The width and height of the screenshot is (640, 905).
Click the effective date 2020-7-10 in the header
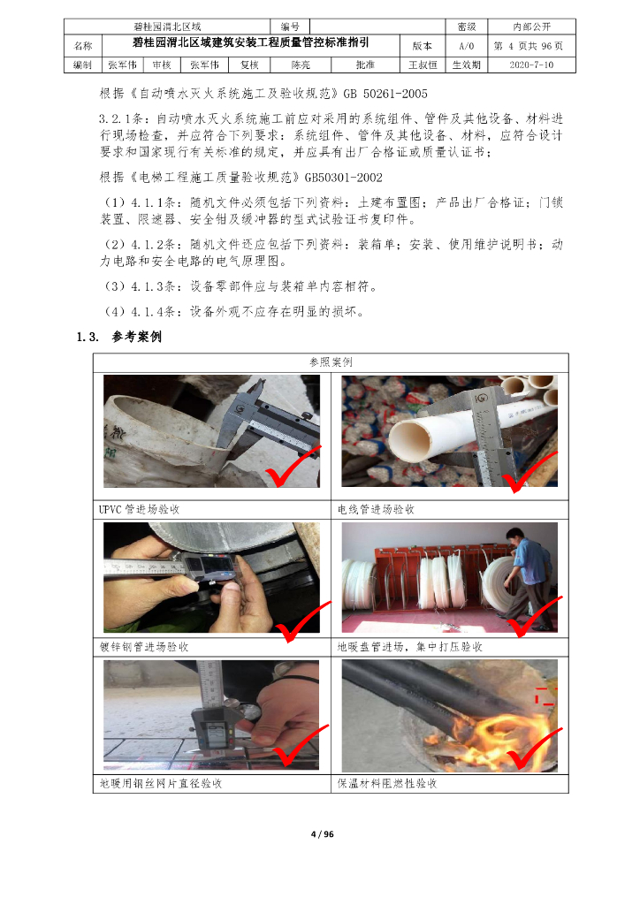(x=531, y=65)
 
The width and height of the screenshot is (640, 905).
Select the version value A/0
(x=466, y=46)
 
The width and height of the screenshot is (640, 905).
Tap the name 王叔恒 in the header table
(x=423, y=65)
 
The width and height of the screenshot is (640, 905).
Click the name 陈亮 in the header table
(x=301, y=65)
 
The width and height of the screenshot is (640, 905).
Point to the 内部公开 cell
(x=531, y=27)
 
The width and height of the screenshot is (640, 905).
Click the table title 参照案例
(x=331, y=361)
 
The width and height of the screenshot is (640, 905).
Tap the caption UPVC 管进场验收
(x=139, y=509)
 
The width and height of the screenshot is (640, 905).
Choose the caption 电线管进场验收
(x=376, y=509)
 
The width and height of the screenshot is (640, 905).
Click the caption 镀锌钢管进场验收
(x=144, y=646)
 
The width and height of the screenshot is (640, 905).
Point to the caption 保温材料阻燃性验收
(x=387, y=783)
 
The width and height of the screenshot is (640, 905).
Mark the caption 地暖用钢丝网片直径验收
(x=160, y=783)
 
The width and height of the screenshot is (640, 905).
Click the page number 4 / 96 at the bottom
(x=322, y=834)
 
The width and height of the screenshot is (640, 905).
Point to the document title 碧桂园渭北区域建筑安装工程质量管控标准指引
(x=250, y=42)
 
